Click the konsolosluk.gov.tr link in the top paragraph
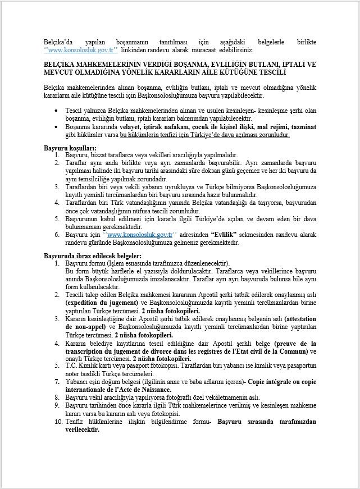pos(75,49)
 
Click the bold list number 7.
pos(57,381)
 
